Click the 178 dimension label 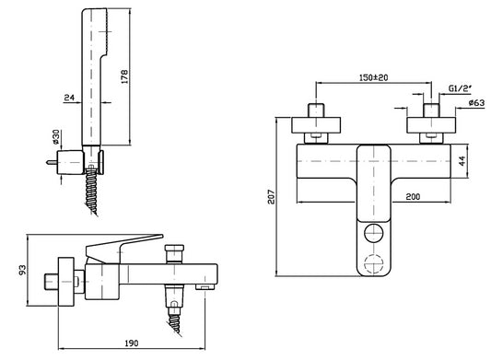[124, 76]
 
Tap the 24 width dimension [69, 98]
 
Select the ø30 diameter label [56, 137]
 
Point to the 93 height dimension [22, 270]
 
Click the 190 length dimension [132, 343]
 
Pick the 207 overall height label [271, 197]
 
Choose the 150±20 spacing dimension [373, 77]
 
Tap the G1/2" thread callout [460, 88]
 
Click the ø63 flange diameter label [476, 103]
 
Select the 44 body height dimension [462, 161]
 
